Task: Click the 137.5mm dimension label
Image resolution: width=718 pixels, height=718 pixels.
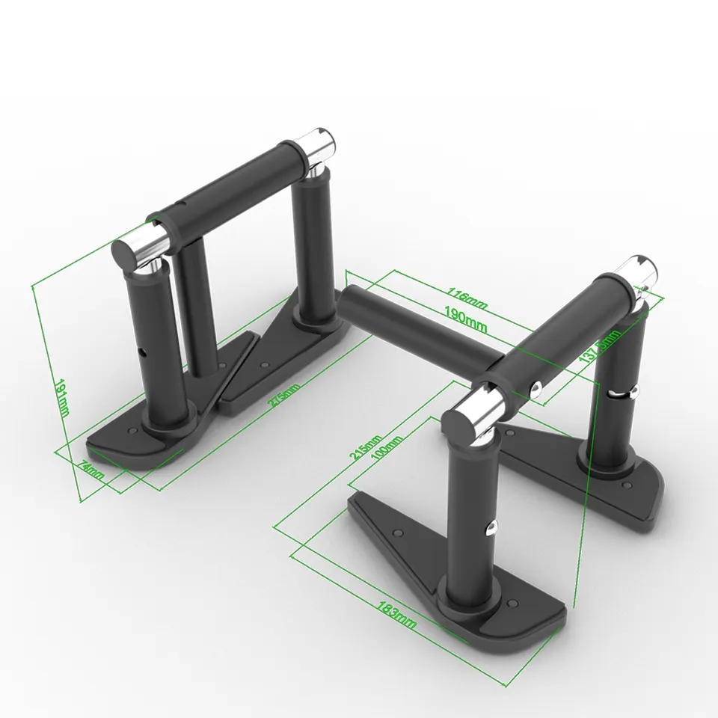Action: pos(601,352)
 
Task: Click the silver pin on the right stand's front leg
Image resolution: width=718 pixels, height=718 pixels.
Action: pos(491,527)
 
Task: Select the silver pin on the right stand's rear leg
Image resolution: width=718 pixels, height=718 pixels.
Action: pos(630,390)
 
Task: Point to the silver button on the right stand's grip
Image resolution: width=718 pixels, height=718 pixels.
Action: pos(536,386)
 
